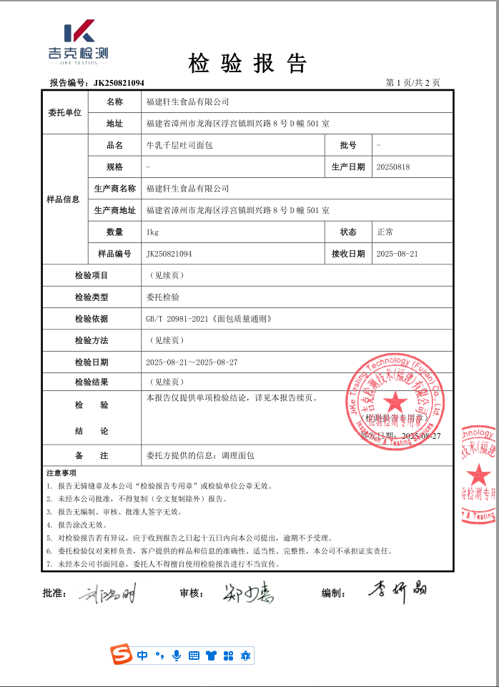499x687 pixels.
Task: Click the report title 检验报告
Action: tap(247, 64)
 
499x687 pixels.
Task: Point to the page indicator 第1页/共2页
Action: tap(412, 83)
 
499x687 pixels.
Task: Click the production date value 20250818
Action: tap(392, 167)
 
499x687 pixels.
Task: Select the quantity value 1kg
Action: tap(152, 232)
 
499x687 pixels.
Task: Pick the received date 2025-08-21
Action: tap(397, 254)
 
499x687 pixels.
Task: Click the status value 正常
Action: tap(385, 232)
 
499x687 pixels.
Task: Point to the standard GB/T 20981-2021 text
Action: tap(208, 319)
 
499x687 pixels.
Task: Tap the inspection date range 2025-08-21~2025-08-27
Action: tap(192, 362)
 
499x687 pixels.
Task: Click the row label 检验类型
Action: tap(92, 297)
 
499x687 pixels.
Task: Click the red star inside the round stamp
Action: tap(397, 402)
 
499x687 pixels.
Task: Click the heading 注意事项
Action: tap(61, 473)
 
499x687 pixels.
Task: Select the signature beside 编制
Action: tap(397, 590)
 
